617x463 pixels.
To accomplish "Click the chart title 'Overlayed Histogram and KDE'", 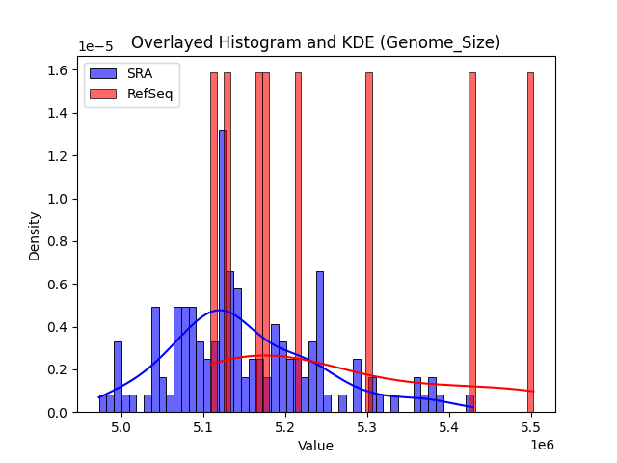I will point(315,42).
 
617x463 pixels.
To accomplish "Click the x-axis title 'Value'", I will point(315,447).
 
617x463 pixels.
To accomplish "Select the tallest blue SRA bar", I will point(222,270).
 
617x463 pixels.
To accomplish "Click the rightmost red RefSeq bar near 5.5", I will point(530,241).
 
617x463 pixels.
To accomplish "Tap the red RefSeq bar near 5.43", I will point(472,241).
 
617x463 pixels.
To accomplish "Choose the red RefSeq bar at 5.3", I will point(368,241).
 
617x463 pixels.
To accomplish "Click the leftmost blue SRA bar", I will point(103,403).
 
